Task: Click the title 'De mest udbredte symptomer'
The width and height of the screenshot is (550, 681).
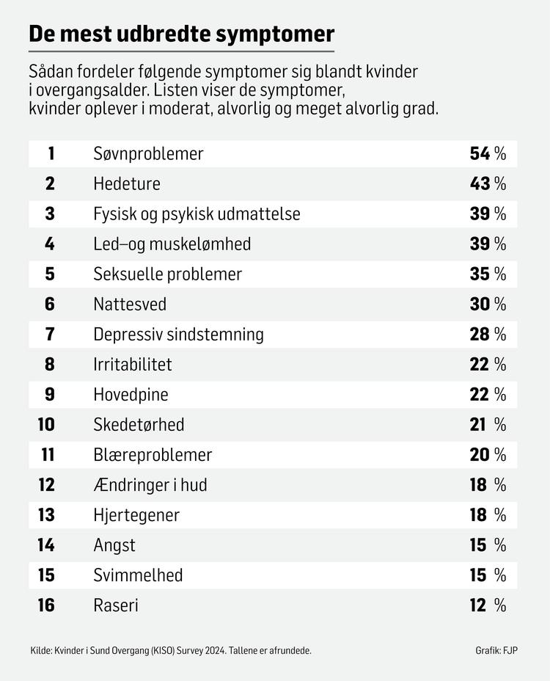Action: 181,34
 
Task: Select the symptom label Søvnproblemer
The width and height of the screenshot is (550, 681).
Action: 148,153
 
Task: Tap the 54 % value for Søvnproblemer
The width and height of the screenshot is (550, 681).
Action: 488,153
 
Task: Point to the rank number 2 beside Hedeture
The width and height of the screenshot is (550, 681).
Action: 50,183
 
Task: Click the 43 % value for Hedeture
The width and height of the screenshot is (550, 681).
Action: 488,183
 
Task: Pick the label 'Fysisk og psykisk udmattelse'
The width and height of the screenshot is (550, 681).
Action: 197,214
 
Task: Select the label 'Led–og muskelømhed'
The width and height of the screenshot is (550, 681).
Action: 172,244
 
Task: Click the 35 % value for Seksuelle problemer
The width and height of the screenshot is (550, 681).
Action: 488,274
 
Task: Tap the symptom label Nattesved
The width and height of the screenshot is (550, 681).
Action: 130,304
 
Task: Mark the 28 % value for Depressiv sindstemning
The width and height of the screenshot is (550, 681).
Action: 488,334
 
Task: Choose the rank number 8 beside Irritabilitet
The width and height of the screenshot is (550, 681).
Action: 50,364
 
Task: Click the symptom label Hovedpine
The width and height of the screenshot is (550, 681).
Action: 131,394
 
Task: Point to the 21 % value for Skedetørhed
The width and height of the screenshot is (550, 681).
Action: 488,424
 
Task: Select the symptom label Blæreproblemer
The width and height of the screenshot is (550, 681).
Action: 153,454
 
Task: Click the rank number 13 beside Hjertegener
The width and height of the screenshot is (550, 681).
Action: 46,514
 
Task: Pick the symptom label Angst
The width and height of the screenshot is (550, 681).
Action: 114,545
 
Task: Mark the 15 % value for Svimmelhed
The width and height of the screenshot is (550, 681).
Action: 488,575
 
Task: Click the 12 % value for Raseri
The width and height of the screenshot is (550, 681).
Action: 488,605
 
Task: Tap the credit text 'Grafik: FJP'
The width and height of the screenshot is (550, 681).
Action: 496,650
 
